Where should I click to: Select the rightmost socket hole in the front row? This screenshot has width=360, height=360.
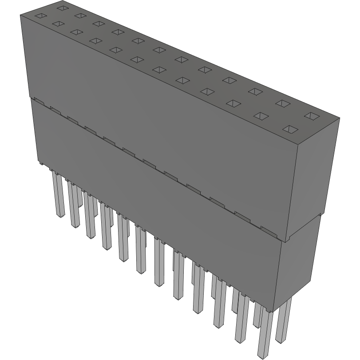[x=290, y=129]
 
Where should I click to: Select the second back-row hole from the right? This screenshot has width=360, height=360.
[x=281, y=103]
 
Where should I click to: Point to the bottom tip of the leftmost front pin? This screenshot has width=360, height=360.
[x=59, y=216]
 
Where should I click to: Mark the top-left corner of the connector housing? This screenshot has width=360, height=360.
[x=20, y=15]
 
